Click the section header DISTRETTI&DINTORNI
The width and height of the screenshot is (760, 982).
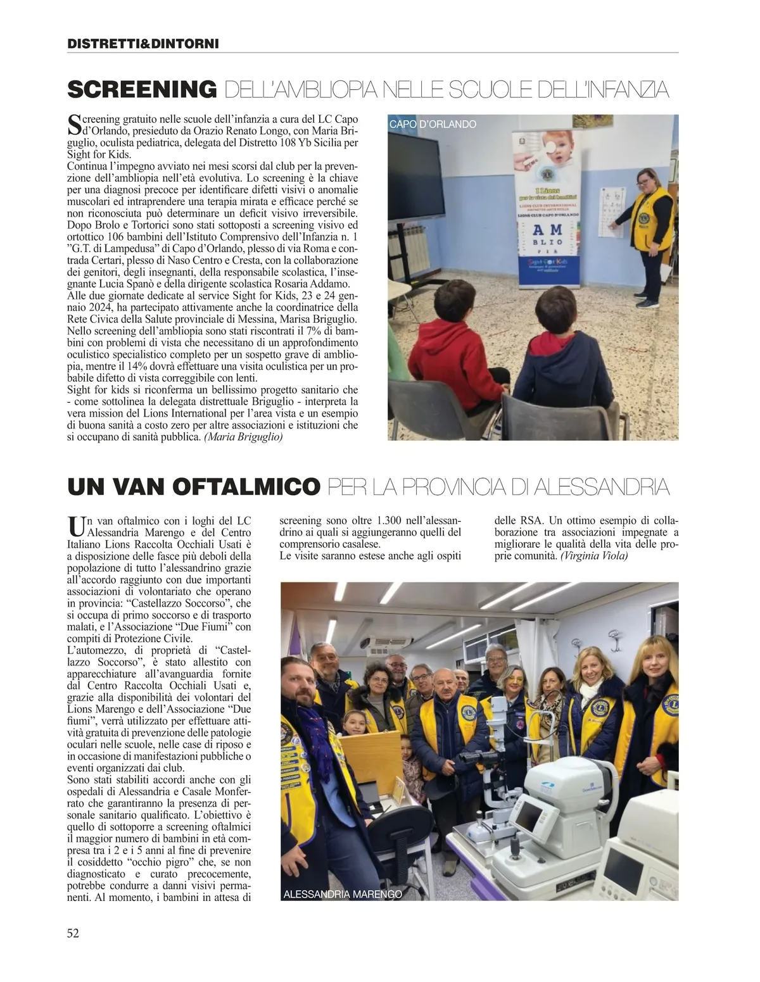coord(142,44)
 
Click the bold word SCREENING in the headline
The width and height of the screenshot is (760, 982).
coord(142,90)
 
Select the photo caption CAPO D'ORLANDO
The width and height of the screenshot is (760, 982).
coord(433,125)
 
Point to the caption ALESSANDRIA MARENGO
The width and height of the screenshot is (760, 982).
coord(343,895)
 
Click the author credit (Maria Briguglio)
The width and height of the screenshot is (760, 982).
coord(243,437)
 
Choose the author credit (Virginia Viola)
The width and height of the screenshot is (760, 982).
coord(594,556)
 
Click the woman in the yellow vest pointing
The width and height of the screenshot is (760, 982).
coord(645,228)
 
